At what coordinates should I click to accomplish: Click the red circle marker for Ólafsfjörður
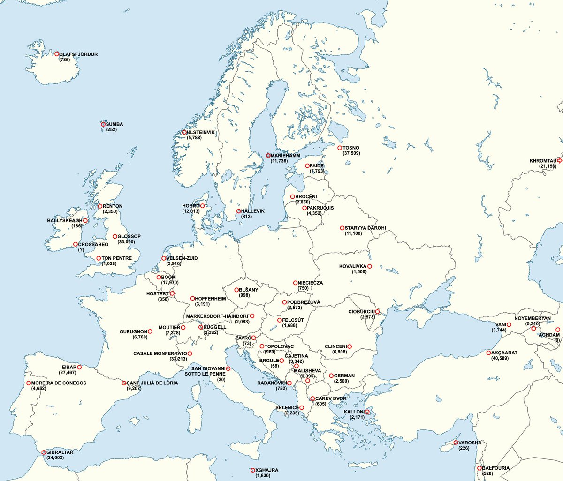pos(57,54)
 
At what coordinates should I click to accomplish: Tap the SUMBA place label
pos(114,124)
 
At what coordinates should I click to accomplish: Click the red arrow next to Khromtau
pos(559,160)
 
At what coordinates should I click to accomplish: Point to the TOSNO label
pos(351,148)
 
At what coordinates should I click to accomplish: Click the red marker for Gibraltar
pos(44,452)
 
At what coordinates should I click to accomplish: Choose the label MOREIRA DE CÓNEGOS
pos(59,383)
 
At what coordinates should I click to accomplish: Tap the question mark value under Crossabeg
pos(81,250)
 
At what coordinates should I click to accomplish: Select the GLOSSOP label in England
pos(129,237)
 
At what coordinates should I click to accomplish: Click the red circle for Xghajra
pos(253,470)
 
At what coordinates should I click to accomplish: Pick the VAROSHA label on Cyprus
pos(470,443)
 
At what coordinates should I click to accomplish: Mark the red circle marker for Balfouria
pos(479,468)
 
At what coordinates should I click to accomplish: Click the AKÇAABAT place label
pos(504,353)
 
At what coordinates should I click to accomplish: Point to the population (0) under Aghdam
pos(556,340)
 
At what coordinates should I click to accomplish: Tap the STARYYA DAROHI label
pos(365,228)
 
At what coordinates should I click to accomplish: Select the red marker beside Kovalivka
pos(370,266)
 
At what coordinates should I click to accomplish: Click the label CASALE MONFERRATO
pos(160,353)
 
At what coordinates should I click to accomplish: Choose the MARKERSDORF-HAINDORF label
pos(217,316)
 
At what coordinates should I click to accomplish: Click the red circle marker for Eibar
pos(79,367)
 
